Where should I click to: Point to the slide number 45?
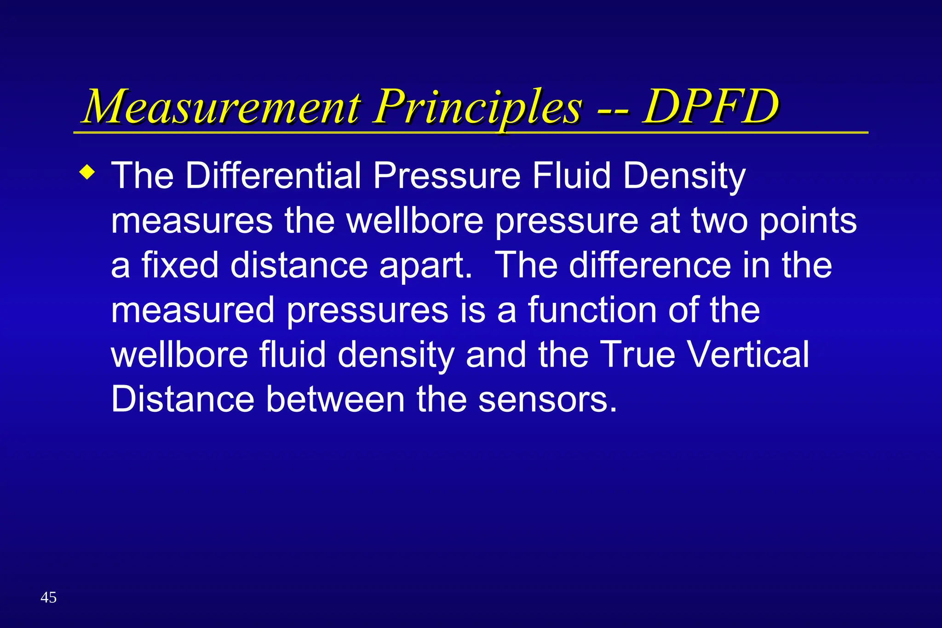(48, 598)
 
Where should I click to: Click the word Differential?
(273, 176)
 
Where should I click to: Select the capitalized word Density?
(684, 176)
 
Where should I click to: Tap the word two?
(719, 221)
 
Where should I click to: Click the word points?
(808, 221)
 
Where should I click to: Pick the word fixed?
(180, 265)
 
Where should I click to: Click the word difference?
(650, 265)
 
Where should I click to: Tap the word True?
(638, 354)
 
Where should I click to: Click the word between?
(335, 399)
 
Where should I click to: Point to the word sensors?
(547, 399)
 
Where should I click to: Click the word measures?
(192, 221)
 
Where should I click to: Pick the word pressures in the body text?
(368, 310)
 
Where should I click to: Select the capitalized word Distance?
(183, 399)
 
